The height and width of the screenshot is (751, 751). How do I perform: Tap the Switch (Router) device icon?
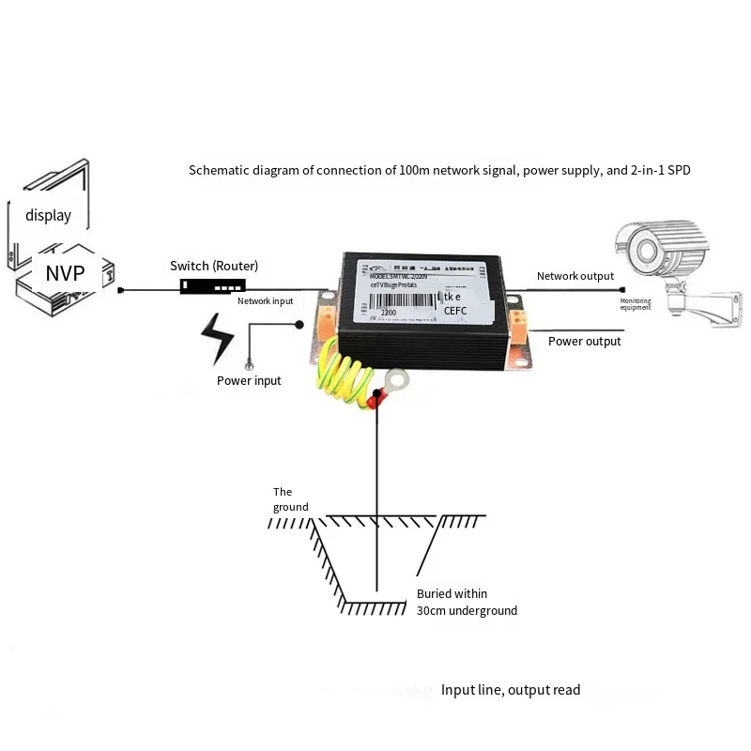coord(213,285)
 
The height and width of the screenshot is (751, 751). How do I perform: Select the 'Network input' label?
coord(265,301)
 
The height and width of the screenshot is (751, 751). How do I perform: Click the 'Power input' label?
coord(249,380)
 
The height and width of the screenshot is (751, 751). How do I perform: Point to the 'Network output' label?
coord(575,276)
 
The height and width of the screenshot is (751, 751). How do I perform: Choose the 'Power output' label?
coord(584,342)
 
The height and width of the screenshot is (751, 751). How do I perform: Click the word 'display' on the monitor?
coord(49,215)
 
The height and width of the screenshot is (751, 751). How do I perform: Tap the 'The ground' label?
coord(289,499)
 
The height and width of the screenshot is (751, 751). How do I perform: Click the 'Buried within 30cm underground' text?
coord(467,602)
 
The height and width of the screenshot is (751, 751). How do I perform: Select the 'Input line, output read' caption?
coord(511,690)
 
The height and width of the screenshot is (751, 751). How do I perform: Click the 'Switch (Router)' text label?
coord(214,266)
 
